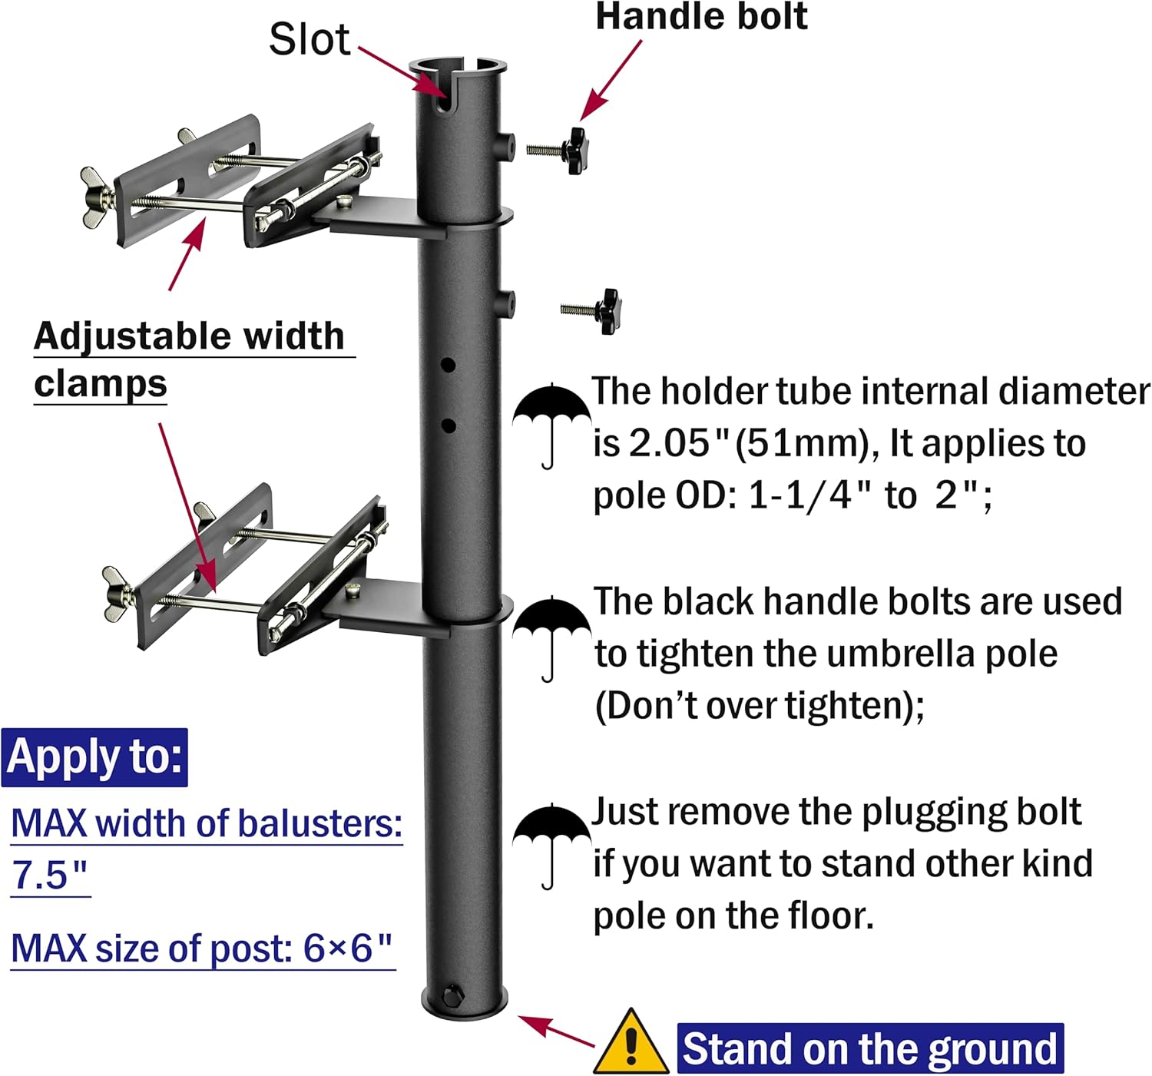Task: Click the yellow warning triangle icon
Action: click(631, 1042)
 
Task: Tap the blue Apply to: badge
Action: click(94, 757)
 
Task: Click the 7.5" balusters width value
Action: click(49, 875)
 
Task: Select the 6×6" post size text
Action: click(347, 949)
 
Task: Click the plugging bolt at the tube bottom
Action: click(452, 997)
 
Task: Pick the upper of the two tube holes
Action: click(448, 365)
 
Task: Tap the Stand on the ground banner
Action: click(870, 1048)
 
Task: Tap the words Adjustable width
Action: click(189, 336)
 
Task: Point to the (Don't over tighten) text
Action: click(760, 706)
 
